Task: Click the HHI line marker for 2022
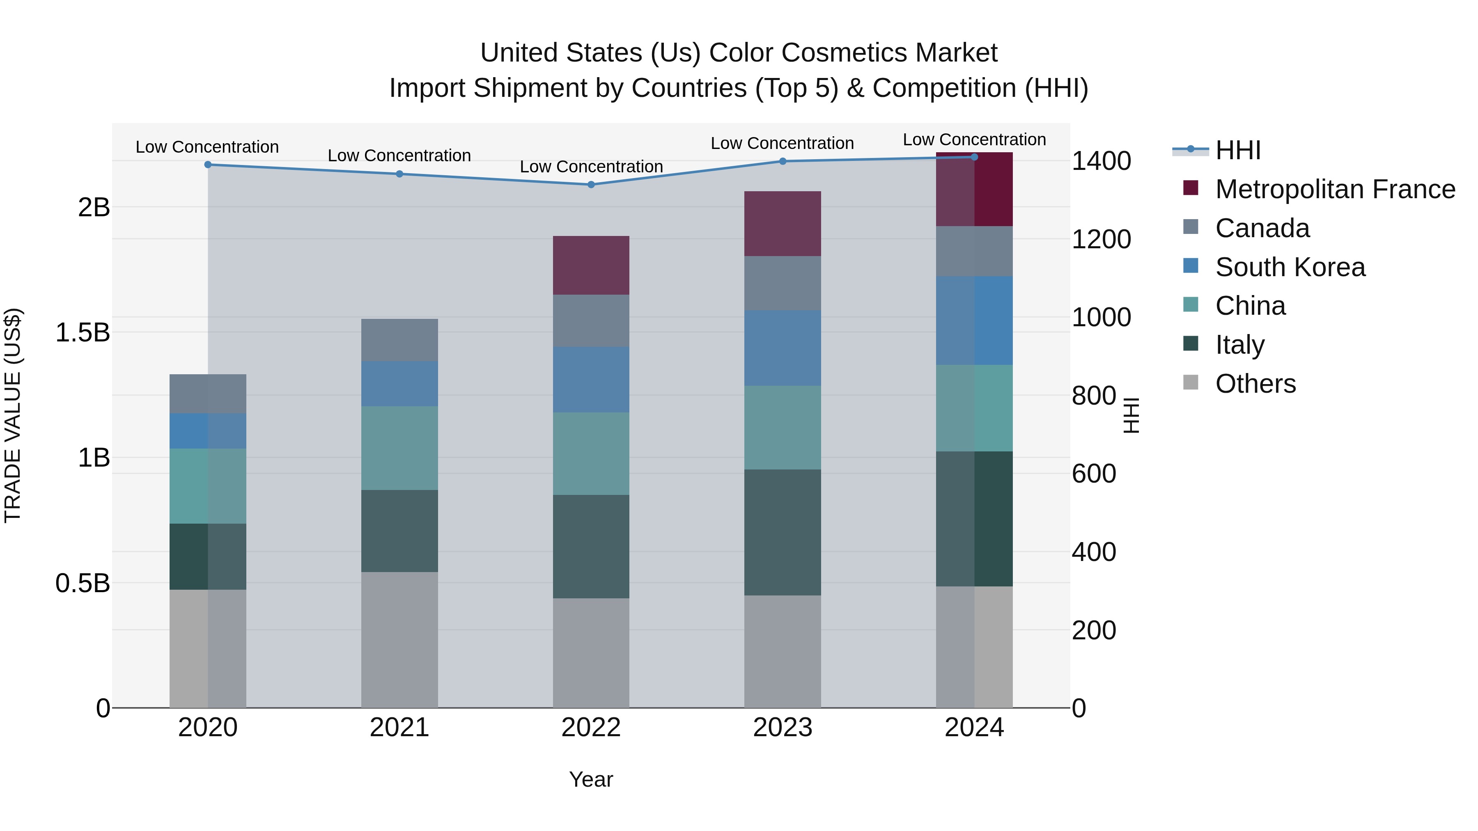(591, 185)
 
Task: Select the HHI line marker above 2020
(208, 165)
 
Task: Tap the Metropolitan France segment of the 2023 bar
(783, 224)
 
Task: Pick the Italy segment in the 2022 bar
(591, 547)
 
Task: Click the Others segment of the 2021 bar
(399, 639)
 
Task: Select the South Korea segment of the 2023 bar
(783, 348)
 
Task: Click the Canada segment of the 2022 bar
(591, 320)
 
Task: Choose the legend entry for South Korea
(1290, 267)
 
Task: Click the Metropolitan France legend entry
(1335, 189)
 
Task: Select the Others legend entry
(1255, 384)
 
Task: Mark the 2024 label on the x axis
(974, 728)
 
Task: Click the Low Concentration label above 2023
(782, 143)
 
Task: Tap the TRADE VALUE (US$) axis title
(13, 415)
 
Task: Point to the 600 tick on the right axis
(1094, 474)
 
